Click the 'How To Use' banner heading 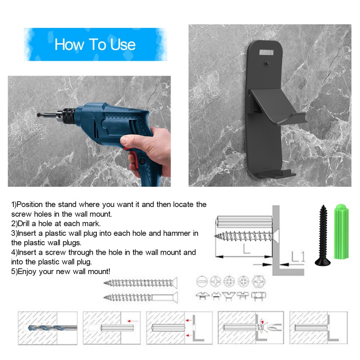95,45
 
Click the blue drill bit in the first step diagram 45,328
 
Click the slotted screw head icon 201,282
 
